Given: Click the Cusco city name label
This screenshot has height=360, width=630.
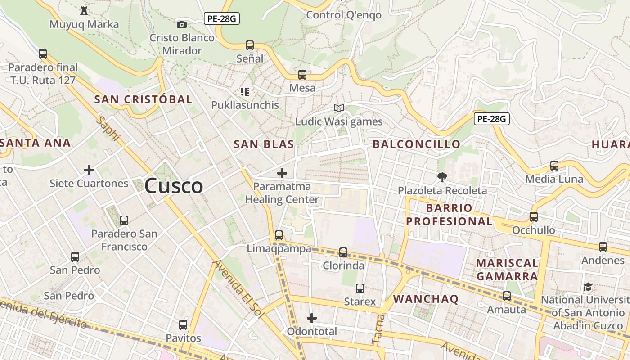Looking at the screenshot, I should pos(174,186).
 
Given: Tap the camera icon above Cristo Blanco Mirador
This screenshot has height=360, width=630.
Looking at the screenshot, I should pos(182,24).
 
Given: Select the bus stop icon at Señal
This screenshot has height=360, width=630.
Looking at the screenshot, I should pos(250,45).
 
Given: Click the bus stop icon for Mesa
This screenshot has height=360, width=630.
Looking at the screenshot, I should pos(302,75).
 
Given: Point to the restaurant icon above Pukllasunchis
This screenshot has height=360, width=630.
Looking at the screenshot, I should pos(245,92).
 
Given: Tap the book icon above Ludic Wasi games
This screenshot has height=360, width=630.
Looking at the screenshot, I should pos(339,108).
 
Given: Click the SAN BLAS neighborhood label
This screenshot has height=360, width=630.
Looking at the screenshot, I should pos(264,144).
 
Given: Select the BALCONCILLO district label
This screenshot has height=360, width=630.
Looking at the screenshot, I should pos(416,144).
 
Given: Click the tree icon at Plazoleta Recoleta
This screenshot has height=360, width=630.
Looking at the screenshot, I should pos(442,177).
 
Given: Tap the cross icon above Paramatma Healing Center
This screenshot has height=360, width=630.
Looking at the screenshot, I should pos(282,173).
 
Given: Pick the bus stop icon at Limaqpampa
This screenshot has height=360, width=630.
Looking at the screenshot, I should pos(279,235).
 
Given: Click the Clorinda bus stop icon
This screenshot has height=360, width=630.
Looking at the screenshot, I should pos(343,252).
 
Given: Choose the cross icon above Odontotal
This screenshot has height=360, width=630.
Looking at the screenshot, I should pos(312,318).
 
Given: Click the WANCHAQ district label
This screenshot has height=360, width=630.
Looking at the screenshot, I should pos(426,299).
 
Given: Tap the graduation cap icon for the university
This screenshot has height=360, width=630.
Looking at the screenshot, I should pos(588,287).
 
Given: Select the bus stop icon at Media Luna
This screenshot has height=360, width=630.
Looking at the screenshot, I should pos(554,166).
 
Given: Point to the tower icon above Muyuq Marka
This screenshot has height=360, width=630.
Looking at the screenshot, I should pos(84,11).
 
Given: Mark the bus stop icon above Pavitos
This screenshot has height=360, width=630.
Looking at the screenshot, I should pos(183,324).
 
